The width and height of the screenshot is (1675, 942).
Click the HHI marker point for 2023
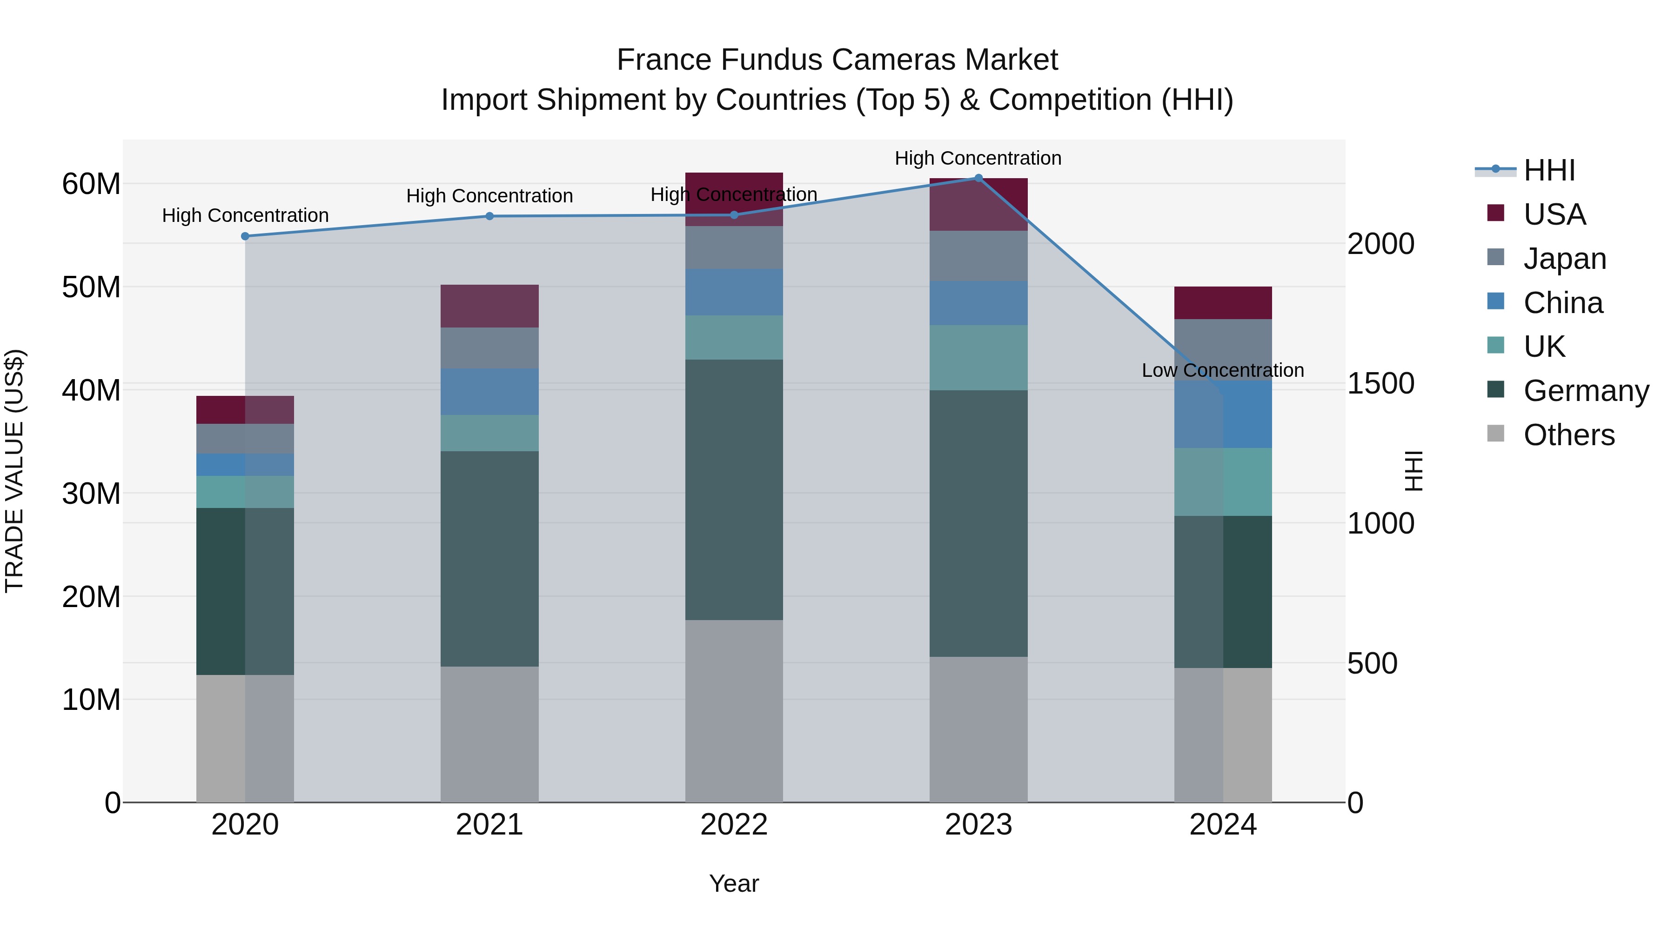[978, 178]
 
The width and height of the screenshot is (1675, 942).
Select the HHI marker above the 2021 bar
[489, 216]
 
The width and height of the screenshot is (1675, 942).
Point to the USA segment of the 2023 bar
[978, 204]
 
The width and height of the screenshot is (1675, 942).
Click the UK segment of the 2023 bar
[978, 358]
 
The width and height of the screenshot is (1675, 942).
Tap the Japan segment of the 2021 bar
[489, 348]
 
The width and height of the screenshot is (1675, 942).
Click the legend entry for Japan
[1564, 258]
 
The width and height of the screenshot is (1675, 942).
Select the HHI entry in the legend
[1549, 170]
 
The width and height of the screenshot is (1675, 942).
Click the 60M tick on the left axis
[91, 184]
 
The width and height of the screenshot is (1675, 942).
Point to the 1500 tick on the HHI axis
[1380, 384]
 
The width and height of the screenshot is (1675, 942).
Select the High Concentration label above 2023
[978, 158]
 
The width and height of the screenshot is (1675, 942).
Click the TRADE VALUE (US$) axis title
[14, 471]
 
